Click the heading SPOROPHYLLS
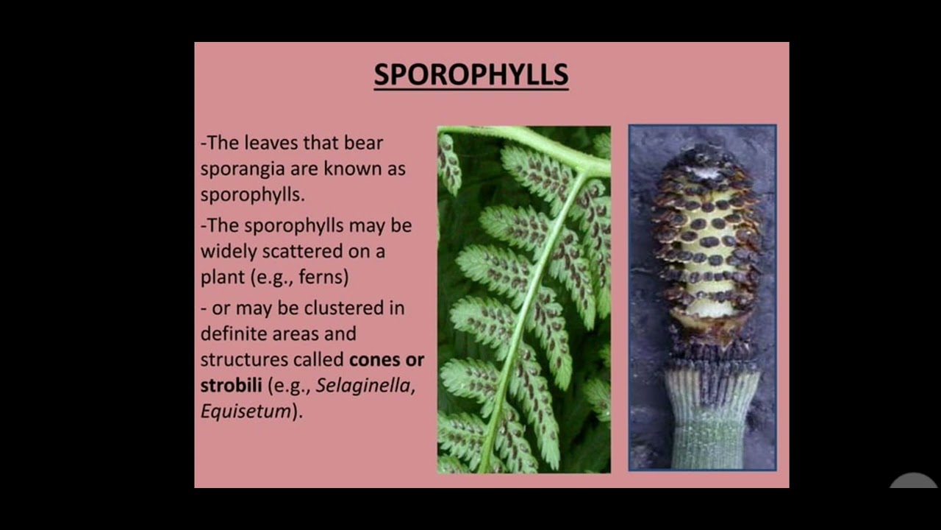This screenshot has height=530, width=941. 470,75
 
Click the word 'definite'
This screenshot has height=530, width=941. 233,333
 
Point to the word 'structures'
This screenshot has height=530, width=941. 244,360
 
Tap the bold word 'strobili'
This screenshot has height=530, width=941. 231,386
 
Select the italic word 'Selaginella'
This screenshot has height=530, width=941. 365,386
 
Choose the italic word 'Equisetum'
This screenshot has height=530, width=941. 246,411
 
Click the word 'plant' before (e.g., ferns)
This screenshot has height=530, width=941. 222,278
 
